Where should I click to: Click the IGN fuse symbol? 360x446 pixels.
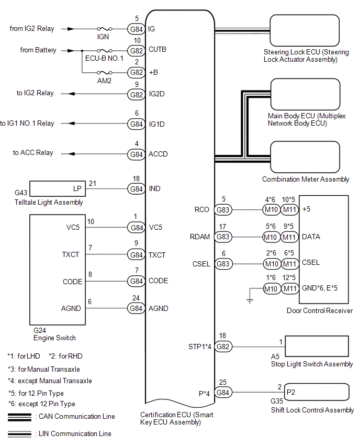104,29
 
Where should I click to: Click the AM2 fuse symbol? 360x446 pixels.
104,73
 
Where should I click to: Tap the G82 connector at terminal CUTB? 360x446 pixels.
136,51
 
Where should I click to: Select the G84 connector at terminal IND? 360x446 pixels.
136,189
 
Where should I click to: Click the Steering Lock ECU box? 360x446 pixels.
305,30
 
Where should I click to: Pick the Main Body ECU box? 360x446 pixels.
305,94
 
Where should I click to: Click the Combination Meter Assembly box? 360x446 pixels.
305,157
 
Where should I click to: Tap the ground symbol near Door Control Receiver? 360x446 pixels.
250,301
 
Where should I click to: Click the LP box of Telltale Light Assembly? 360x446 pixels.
58,188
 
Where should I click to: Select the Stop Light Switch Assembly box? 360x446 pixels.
317,346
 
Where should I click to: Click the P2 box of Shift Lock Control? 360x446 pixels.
317,392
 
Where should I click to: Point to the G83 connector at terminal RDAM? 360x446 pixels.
223,237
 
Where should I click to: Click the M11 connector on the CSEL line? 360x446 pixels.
290,264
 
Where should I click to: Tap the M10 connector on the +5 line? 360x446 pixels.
271,209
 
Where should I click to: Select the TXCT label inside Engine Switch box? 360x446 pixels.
71,254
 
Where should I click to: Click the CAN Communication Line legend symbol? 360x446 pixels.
19,417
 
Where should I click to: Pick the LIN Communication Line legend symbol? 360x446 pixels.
19,434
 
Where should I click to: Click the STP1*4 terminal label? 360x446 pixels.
199,347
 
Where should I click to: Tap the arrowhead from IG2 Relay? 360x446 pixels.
71,29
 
